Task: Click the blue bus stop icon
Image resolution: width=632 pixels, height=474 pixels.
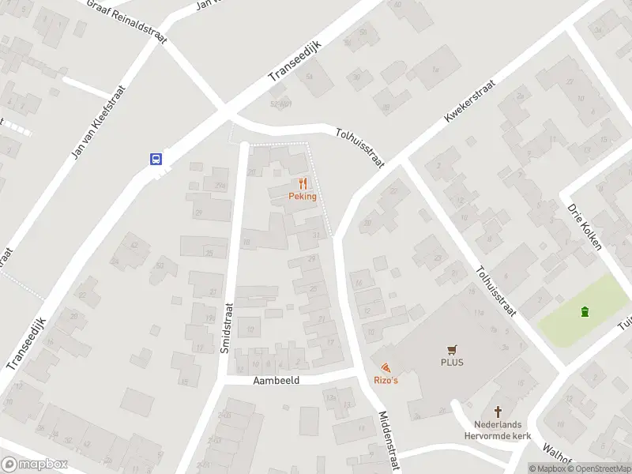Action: click(156, 159)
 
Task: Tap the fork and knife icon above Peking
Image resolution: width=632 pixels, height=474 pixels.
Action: click(303, 183)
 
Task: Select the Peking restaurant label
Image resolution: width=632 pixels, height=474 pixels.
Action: click(303, 197)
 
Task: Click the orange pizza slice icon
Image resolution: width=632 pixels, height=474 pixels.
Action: click(385, 368)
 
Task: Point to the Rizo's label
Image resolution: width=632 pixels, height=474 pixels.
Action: click(386, 382)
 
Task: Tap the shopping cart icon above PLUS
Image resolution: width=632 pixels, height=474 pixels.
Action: click(452, 349)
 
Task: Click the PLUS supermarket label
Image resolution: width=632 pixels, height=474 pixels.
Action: click(452, 363)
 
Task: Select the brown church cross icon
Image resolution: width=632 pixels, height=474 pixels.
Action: click(498, 412)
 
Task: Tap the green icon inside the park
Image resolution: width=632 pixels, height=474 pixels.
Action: click(585, 312)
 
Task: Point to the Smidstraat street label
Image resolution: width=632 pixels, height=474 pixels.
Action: click(226, 327)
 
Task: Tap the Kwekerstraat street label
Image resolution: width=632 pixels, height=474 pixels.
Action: click(469, 100)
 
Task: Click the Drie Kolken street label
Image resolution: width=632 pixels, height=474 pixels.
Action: click(585, 227)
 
